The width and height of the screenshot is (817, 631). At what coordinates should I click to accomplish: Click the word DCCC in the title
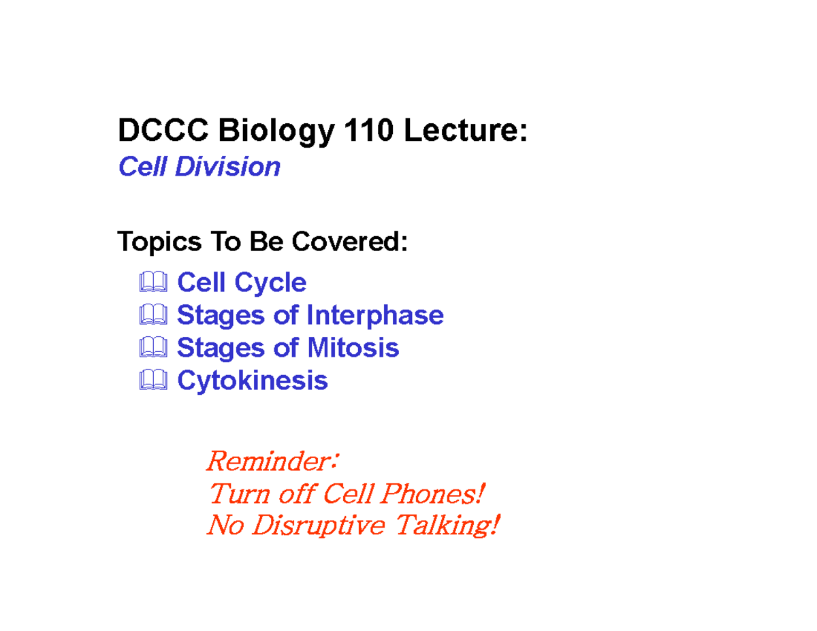[x=163, y=130]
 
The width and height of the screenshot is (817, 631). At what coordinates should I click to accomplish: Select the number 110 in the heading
[x=369, y=130]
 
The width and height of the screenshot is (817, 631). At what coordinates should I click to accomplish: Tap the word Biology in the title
[x=276, y=131]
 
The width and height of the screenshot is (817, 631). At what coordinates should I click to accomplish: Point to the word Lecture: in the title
[x=466, y=130]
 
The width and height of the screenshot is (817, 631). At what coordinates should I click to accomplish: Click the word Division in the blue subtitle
[x=228, y=167]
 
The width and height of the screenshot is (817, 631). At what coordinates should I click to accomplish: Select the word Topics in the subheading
[x=159, y=242]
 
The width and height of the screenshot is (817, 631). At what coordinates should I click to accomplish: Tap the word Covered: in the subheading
[x=350, y=241]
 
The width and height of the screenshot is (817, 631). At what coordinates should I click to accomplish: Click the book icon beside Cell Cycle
[x=153, y=281]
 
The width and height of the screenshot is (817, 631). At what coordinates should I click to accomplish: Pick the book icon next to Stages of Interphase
[x=153, y=314]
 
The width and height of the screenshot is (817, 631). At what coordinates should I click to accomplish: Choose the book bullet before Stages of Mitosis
[x=153, y=347]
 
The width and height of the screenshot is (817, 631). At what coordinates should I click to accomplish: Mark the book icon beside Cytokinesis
[x=153, y=380]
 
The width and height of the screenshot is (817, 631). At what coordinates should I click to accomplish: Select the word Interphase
[x=375, y=316]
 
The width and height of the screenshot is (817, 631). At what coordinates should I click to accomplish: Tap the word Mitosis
[x=353, y=348]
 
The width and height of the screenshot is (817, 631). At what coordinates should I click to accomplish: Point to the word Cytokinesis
[x=253, y=382]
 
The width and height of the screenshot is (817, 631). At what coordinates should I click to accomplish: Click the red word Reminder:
[x=272, y=461]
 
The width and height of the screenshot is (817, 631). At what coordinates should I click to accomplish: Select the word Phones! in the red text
[x=432, y=494]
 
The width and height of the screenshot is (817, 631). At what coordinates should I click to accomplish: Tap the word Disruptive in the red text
[x=319, y=525]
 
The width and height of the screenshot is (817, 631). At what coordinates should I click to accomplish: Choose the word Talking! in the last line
[x=447, y=525]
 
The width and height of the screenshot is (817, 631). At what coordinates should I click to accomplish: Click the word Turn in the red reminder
[x=240, y=494]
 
